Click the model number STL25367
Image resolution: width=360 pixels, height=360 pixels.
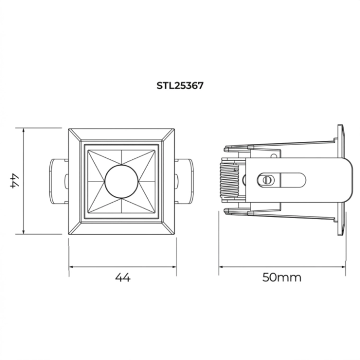pyautogui.click(x=180, y=86)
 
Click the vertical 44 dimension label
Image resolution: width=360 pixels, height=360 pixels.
pyautogui.click(x=15, y=182)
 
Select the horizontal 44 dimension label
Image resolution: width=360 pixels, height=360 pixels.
pyautogui.click(x=123, y=277)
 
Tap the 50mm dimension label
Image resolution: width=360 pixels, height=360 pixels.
pyautogui.click(x=282, y=277)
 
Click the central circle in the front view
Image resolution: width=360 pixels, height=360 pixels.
pyautogui.click(x=121, y=182)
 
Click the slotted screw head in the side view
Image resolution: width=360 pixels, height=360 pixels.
pyautogui.click(x=266, y=180)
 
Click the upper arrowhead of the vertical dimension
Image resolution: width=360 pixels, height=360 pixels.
pyautogui.click(x=23, y=130)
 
